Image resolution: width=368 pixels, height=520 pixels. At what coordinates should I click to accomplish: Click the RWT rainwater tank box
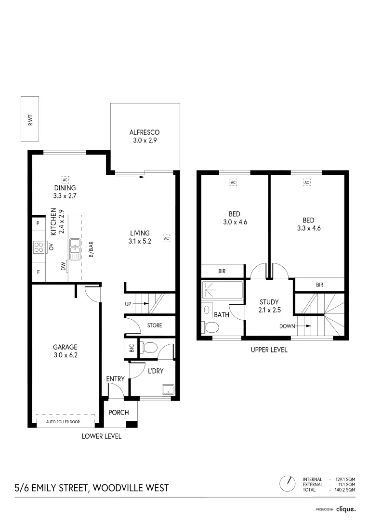[30, 119]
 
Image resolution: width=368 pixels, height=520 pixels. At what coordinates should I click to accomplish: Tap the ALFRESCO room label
[145, 132]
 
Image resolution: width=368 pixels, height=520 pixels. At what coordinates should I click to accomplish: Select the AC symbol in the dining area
[66, 180]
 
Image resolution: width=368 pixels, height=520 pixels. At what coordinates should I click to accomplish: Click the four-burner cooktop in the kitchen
[39, 247]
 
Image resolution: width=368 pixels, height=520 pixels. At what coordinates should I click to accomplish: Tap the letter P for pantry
[38, 223]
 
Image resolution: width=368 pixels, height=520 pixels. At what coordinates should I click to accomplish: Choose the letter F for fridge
[39, 272]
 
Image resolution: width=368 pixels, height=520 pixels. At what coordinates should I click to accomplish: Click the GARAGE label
[65, 347]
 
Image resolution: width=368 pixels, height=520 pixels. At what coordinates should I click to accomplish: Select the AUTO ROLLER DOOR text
[63, 422]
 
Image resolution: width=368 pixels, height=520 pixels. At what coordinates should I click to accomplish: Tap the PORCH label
[118, 412]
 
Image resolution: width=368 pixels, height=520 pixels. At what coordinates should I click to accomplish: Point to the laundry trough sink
[168, 390]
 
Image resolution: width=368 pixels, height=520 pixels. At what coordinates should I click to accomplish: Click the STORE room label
[155, 325]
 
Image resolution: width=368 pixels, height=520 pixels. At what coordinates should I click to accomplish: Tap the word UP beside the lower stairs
[128, 304]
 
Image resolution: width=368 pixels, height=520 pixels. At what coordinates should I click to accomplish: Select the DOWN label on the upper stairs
[287, 326]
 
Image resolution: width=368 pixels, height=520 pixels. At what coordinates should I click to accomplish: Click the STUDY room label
[269, 302]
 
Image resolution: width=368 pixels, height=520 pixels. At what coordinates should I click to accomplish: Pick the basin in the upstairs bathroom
[207, 310]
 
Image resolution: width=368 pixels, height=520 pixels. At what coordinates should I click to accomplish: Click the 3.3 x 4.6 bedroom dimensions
[309, 228]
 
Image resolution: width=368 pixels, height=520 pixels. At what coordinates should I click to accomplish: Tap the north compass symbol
[288, 484]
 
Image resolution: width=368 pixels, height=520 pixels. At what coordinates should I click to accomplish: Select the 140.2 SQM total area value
[345, 490]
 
